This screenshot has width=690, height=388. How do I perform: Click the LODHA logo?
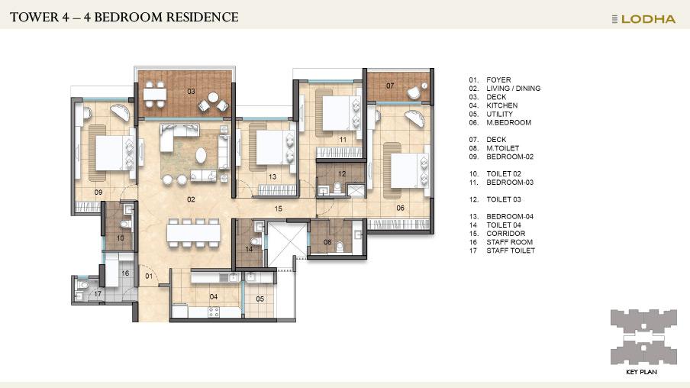point(643,19)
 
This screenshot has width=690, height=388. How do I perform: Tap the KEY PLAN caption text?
point(641,372)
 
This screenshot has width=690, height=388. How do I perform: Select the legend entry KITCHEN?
point(501,105)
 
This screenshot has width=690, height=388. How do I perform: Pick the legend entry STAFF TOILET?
point(511,251)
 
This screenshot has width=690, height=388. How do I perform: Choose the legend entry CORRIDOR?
point(505,234)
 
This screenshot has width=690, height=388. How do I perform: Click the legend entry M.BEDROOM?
point(508,122)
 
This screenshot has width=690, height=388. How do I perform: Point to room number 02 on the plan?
point(191,199)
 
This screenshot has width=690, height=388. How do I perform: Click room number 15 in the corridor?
point(278,209)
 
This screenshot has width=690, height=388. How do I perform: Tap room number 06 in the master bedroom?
point(400,208)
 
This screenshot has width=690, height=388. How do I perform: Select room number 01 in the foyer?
point(149,276)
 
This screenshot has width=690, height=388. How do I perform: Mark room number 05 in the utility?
point(260,299)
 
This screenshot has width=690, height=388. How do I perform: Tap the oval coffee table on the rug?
point(201,155)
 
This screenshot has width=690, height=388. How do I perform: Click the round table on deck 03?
point(213,97)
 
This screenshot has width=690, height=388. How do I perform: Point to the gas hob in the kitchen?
point(214,312)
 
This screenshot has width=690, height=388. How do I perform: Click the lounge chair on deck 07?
point(415,92)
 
